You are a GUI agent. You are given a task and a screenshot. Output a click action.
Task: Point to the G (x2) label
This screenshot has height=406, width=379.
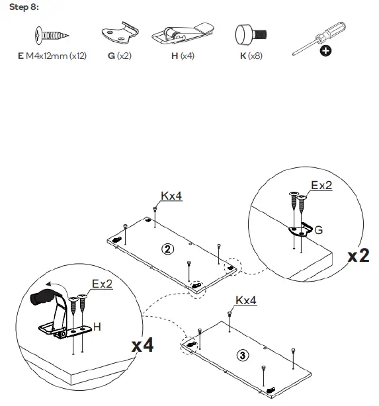(119, 57)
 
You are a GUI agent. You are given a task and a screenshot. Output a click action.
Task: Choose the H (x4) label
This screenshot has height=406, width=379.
(183, 57)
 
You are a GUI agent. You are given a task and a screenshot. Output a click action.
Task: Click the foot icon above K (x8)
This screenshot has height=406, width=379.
(250, 34)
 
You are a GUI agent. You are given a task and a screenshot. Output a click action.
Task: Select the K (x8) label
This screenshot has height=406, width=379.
(251, 57)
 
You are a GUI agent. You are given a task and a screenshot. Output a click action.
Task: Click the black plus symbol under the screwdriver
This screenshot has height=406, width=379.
(325, 52)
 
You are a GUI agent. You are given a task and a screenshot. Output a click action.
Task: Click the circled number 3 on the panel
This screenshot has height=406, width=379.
(243, 355)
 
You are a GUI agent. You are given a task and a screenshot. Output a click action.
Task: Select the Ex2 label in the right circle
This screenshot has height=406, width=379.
(321, 186)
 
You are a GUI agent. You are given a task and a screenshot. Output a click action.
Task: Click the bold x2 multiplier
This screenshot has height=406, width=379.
(359, 255)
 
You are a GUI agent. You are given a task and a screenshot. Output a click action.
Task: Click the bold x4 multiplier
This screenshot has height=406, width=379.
(142, 345)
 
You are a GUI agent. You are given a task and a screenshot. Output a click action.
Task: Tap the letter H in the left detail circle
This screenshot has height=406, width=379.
(98, 326)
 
